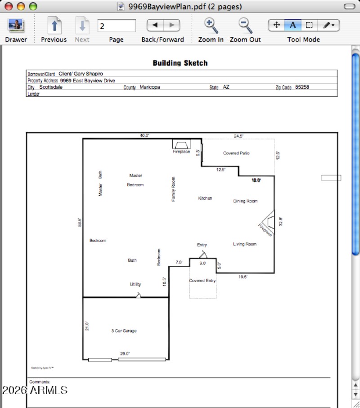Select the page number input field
click(x=116, y=26)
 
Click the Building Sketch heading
click(x=180, y=63)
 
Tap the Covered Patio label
click(x=236, y=153)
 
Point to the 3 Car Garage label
click(x=124, y=331)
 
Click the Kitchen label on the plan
click(x=205, y=198)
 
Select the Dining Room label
click(x=245, y=201)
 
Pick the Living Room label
click(x=245, y=244)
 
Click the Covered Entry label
click(x=202, y=281)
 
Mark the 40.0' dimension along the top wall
click(x=144, y=135)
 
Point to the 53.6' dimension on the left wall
click(x=79, y=223)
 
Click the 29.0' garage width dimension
click(x=125, y=354)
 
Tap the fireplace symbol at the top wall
click(x=181, y=144)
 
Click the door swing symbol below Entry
click(x=202, y=254)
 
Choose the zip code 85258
click(x=302, y=87)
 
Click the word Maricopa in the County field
click(x=149, y=87)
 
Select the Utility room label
click(x=135, y=284)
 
